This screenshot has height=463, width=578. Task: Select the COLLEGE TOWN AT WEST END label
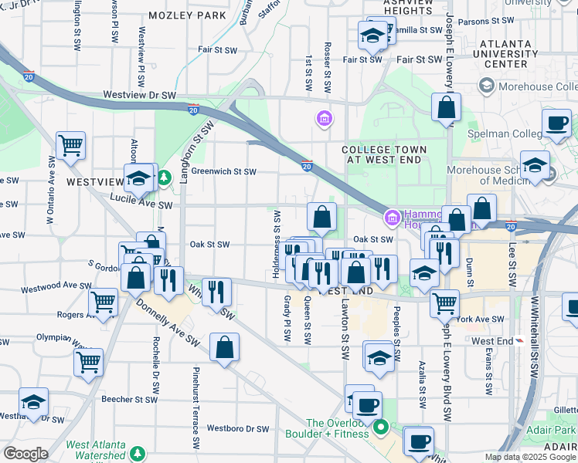[383, 154]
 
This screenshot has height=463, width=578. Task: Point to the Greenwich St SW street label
[223, 171]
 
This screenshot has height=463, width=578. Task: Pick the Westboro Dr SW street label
[237, 428]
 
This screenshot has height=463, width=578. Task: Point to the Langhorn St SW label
[185, 155]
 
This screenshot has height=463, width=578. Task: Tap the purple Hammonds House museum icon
[393, 218]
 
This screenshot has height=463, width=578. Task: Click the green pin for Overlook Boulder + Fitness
[380, 426]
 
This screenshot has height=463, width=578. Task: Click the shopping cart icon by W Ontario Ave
[70, 144]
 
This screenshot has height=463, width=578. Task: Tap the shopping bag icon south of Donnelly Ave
[224, 346]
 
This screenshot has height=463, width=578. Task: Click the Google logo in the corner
[25, 454]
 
